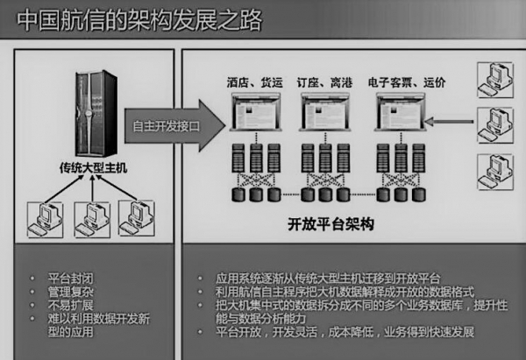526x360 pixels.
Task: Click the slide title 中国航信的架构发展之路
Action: pos(139,20)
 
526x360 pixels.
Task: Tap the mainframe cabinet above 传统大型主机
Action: pos(96,114)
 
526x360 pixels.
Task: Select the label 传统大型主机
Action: pos(93,167)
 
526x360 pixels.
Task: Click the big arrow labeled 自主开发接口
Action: pos(174,126)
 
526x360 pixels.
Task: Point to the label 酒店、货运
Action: pos(255,82)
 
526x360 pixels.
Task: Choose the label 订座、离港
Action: pos(324,82)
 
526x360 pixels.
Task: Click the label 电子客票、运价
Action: pos(407,82)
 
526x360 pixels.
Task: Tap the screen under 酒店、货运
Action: pos(256,112)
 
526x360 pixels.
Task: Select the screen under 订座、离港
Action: pos(325,112)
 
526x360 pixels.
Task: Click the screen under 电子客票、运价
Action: pos(401,112)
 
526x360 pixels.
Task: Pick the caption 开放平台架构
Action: pos(331,224)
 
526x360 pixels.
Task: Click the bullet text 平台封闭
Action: pos(70,279)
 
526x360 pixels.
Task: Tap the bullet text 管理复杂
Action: pos(70,292)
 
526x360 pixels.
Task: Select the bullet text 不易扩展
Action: pos(70,305)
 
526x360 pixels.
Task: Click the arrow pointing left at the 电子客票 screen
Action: pos(449,122)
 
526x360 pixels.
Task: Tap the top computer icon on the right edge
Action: pos(495,80)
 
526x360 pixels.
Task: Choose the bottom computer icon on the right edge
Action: pos(495,172)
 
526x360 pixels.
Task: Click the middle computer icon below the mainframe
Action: pos(92,220)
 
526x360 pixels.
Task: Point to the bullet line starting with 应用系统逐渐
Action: pos(328,279)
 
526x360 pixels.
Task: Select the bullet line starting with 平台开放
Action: pos(345,332)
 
